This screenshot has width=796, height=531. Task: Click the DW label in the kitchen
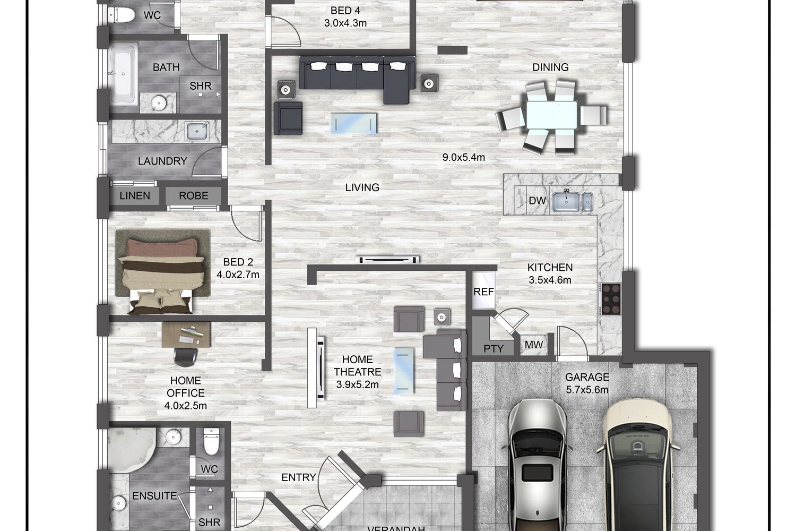[x=537, y=201]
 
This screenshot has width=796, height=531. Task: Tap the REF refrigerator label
[x=483, y=292]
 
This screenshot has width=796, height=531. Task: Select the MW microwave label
[x=534, y=344]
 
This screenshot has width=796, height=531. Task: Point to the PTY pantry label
[x=494, y=348]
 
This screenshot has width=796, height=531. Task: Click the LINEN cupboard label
[x=135, y=195]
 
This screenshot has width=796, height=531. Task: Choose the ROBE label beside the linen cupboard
[x=193, y=195]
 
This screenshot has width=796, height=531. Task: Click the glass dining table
[x=551, y=115]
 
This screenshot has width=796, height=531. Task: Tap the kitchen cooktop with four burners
[x=611, y=299]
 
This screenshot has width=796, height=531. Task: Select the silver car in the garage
[x=537, y=465]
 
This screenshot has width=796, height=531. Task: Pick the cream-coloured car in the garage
[x=636, y=465]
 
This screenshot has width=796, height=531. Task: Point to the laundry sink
[x=196, y=131]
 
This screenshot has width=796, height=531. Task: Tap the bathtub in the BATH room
[x=123, y=74]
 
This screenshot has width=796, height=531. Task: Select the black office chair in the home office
[x=185, y=357]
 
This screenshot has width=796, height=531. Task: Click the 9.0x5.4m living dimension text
[x=463, y=157]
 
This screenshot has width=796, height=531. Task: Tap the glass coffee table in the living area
[x=353, y=123]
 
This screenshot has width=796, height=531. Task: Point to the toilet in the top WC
[x=122, y=15]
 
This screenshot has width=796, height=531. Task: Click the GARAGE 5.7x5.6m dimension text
[x=587, y=383]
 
